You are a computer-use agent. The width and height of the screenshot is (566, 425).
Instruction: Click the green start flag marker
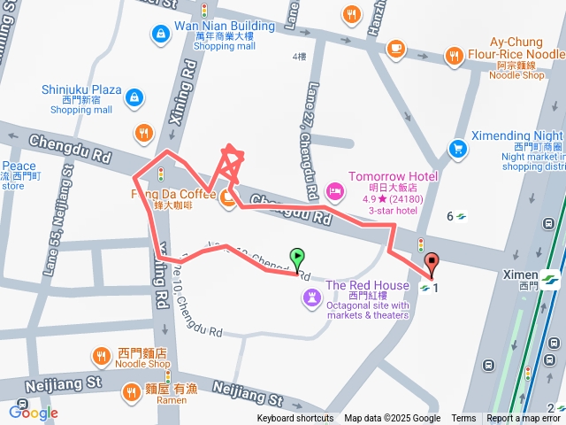(x=298, y=259)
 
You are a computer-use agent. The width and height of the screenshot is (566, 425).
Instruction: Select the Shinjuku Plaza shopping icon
(x=133, y=97)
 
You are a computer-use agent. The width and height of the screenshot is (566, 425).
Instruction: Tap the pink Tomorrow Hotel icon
(x=334, y=190)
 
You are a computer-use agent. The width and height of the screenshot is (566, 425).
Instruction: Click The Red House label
(x=367, y=285)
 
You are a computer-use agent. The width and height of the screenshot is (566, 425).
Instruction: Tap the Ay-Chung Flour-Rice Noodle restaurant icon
(x=455, y=56)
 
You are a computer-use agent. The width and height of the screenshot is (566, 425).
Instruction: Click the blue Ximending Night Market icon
(x=457, y=148)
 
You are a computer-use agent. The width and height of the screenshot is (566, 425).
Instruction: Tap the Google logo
(x=33, y=412)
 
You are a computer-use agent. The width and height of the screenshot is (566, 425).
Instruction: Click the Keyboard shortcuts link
(x=294, y=419)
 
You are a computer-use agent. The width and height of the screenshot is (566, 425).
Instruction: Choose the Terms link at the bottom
(x=463, y=419)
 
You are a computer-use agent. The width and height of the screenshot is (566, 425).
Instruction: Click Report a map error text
(x=524, y=419)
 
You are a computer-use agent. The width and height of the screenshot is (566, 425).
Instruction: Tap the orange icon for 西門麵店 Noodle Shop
(x=102, y=357)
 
